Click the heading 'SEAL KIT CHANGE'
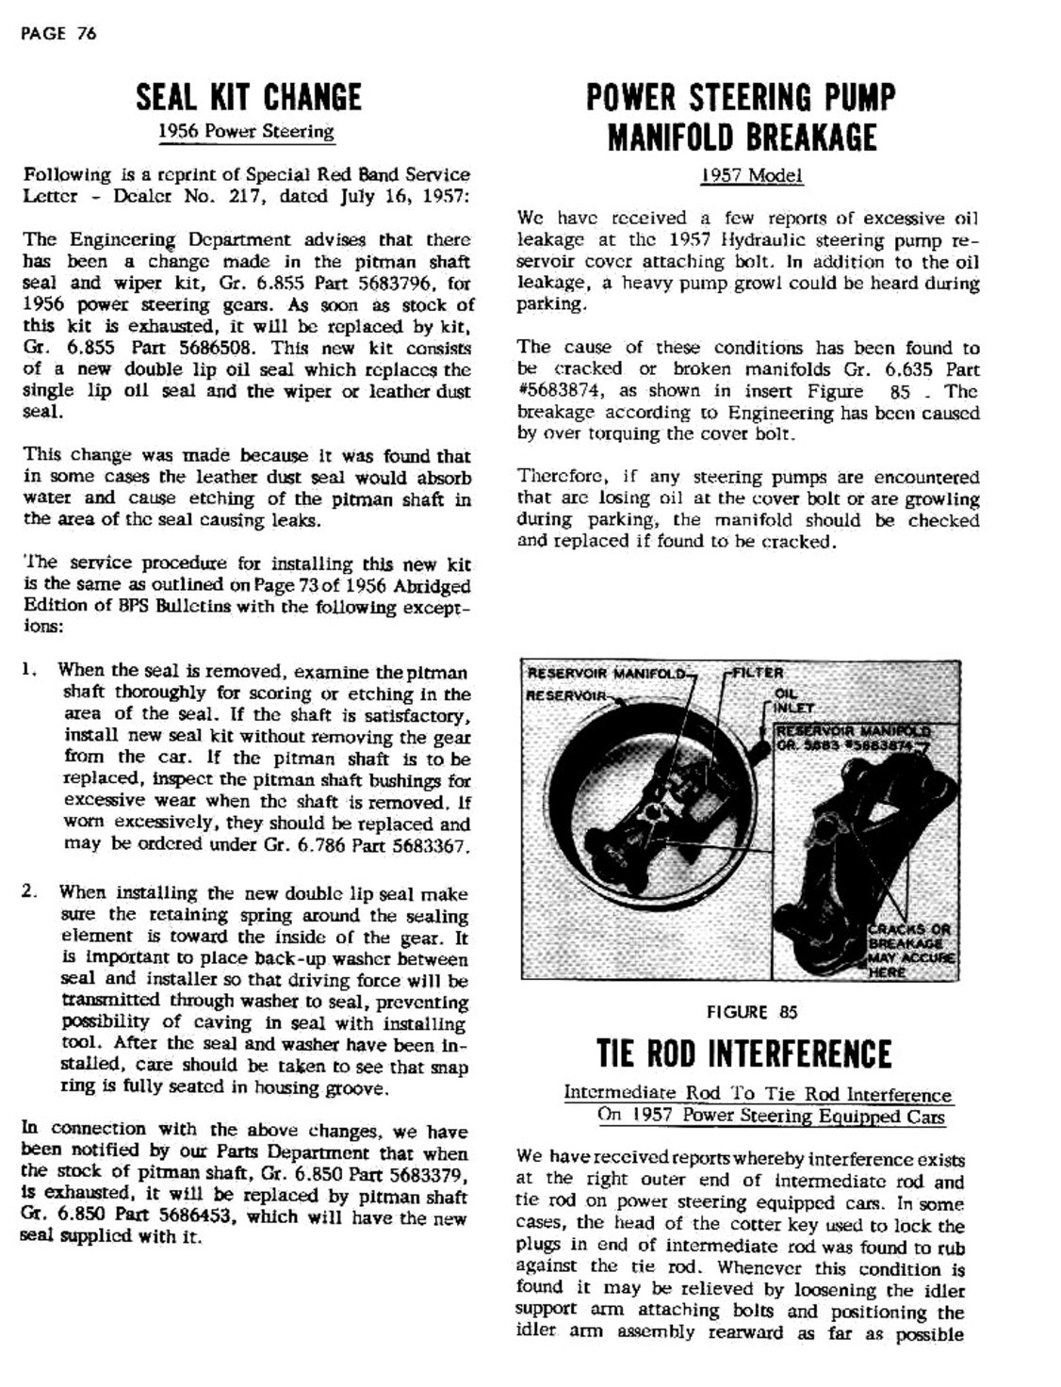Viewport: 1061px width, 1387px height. point(249,97)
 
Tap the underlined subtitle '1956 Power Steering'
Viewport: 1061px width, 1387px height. point(246,131)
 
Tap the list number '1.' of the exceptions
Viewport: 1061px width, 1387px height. point(29,671)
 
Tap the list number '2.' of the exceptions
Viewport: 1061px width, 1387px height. point(30,891)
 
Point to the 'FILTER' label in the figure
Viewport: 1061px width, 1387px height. point(758,673)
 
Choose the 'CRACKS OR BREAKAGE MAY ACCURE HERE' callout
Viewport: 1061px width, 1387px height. point(910,950)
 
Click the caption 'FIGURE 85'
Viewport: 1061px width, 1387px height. point(752,1012)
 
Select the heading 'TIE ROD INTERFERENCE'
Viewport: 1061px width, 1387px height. point(744,1053)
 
